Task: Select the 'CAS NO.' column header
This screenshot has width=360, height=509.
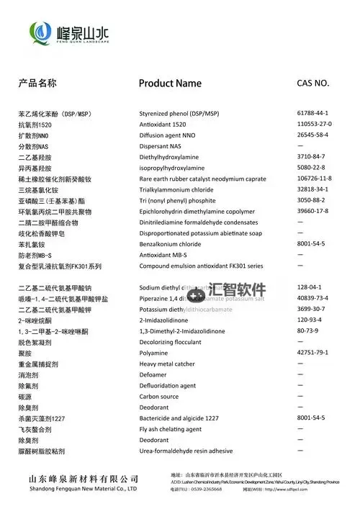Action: point(313,83)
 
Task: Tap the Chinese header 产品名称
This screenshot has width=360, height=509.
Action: point(37,83)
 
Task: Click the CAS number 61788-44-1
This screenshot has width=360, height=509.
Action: point(312,114)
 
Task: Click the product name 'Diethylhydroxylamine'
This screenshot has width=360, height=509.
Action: point(173,157)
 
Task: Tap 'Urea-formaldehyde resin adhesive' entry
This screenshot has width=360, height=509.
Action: point(186,451)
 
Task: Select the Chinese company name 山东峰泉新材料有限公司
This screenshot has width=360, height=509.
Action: point(84,478)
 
